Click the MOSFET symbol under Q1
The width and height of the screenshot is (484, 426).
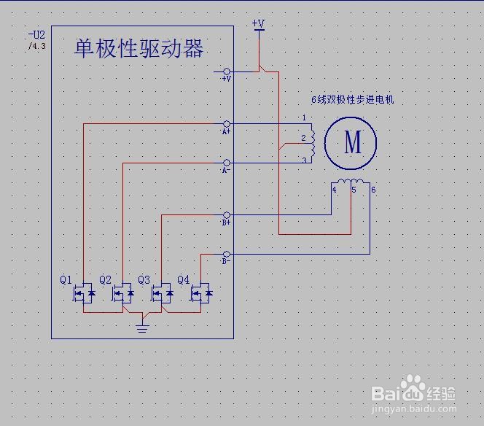[x=84, y=294]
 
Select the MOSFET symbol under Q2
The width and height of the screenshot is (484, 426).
[x=123, y=294]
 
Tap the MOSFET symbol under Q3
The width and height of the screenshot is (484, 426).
[x=162, y=294]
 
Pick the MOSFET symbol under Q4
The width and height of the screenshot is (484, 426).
[x=201, y=294]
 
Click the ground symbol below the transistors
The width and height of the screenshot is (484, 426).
[x=143, y=324]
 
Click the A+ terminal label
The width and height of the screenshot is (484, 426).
[x=226, y=133]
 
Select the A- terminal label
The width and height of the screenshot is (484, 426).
[x=226, y=170]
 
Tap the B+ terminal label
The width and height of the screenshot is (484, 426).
[x=226, y=223]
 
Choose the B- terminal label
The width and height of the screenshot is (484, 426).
[x=226, y=261]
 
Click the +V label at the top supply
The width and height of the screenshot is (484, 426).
[x=258, y=23]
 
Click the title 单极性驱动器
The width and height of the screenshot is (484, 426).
[x=138, y=49]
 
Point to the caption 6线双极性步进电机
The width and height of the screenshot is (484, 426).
[x=352, y=99]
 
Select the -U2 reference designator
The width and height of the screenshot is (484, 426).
[x=36, y=35]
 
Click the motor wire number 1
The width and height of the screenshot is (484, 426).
[x=304, y=117]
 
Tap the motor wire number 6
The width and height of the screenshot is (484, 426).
[x=373, y=190]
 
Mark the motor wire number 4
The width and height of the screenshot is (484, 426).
[x=334, y=190]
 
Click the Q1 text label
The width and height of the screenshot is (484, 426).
[x=66, y=279]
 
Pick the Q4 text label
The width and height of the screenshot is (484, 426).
[x=183, y=279]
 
